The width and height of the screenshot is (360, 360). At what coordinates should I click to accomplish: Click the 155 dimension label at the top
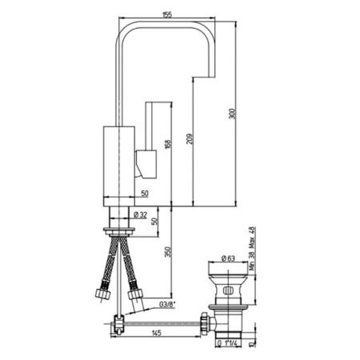[x=166, y=14]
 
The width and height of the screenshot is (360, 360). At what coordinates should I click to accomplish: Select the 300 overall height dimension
[x=233, y=114]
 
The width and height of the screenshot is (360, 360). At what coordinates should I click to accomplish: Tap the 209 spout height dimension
[x=190, y=139]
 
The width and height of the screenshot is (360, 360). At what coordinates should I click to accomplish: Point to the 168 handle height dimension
[x=168, y=144]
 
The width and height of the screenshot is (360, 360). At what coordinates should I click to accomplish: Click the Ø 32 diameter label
[x=140, y=215]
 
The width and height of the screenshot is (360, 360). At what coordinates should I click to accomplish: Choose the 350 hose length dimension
[x=168, y=252]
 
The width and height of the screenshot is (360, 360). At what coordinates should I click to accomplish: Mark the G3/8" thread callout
[x=167, y=304]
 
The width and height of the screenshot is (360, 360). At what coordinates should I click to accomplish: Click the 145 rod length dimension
[x=156, y=333]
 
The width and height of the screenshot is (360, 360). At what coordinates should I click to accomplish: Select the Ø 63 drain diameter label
[x=228, y=258]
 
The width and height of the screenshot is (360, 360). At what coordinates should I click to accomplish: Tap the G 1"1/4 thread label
[x=227, y=343]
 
